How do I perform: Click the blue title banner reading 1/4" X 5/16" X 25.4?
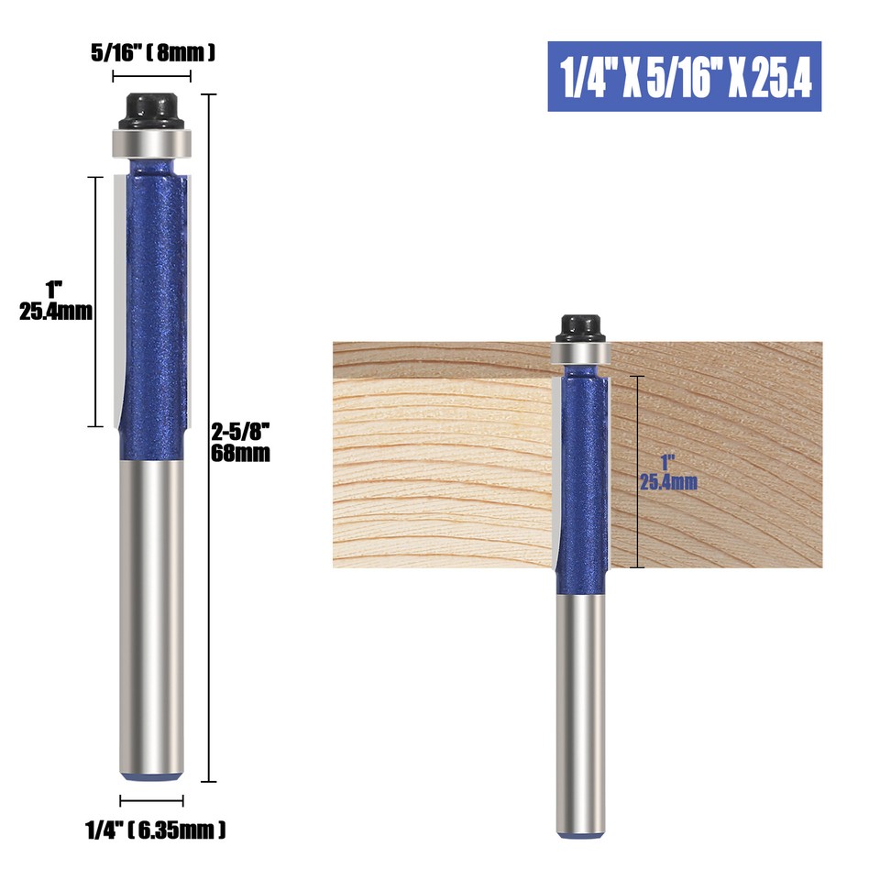coord(684,77)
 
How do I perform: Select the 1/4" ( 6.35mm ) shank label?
coord(156,831)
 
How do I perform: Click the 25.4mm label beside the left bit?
coord(56,311)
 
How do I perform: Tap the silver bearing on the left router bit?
coord(151,142)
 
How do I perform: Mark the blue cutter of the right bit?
coord(583,477)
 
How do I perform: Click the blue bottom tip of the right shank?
coord(579,833)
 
